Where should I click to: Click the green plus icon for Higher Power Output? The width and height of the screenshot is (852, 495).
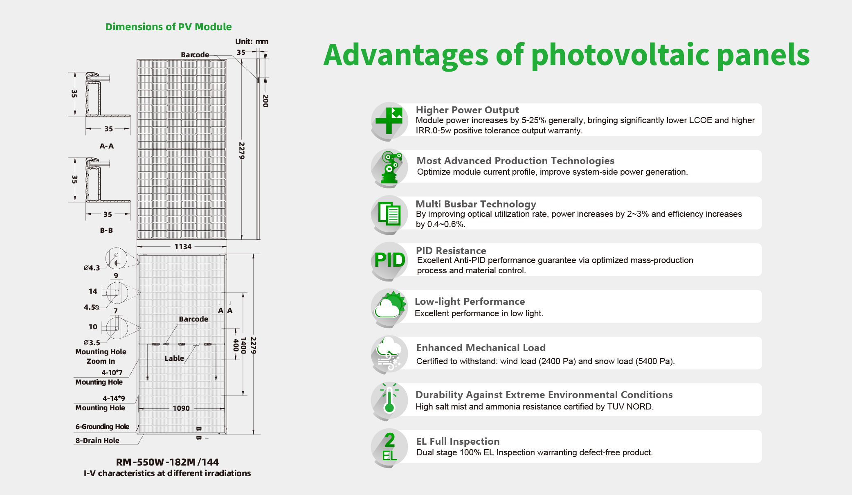tap(389, 120)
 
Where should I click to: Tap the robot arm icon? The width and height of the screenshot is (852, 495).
tap(390, 167)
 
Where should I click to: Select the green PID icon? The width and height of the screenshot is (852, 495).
tap(389, 260)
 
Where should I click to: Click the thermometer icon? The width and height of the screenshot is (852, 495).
tap(389, 399)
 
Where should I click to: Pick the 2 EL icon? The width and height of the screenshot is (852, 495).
tap(389, 447)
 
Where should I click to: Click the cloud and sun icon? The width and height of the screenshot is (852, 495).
tap(390, 306)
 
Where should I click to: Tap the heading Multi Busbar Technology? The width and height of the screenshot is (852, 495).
tap(476, 204)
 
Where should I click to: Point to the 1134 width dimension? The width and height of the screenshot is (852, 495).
tap(183, 247)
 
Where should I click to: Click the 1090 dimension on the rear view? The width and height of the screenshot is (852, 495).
tap(181, 408)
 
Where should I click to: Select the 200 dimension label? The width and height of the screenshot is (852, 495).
tap(265, 101)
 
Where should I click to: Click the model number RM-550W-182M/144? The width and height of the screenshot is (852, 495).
tap(167, 462)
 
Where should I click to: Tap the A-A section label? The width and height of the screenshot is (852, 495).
tap(107, 146)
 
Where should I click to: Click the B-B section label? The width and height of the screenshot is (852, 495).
tap(106, 230)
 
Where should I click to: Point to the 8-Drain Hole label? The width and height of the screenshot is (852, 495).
tap(97, 441)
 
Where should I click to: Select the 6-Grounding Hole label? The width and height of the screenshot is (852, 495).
tap(102, 427)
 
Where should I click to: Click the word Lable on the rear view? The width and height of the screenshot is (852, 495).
tap(174, 358)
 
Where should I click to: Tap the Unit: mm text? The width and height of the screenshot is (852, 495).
tap(252, 41)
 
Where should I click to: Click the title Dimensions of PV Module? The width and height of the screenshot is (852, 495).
tap(169, 27)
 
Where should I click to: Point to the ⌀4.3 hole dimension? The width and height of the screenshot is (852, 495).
tap(92, 268)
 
